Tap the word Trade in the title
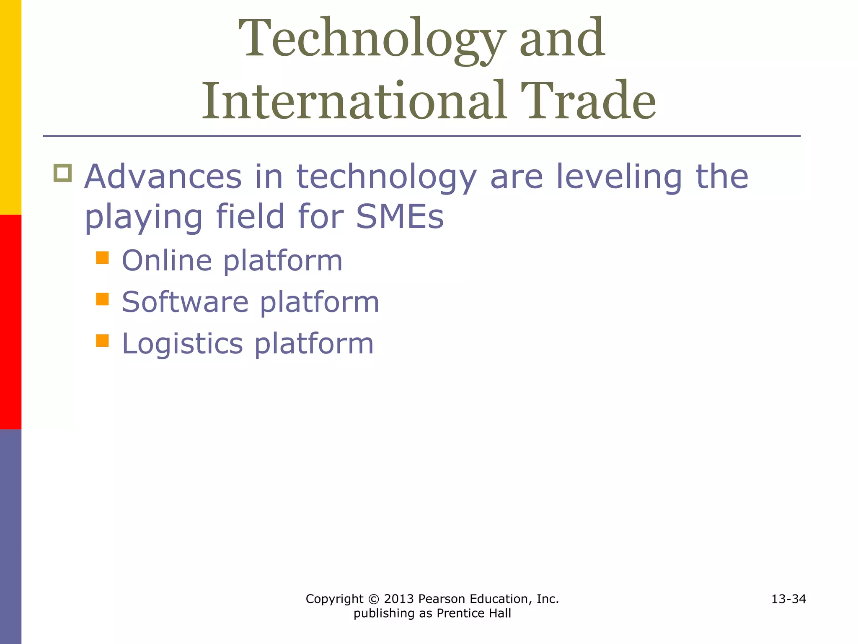pos(588,102)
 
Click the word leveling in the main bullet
pos(619,177)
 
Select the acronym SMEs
pos(400,217)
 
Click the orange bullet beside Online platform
pos(102,257)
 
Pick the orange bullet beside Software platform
pos(102,299)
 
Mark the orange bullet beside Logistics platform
pos(102,340)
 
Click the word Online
pos(167,261)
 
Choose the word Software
pos(185,302)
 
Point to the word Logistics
pos(182,344)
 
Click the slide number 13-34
pos(788,599)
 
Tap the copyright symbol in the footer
pos(374,599)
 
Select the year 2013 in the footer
pos(398,599)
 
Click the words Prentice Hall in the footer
pos(474,613)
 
